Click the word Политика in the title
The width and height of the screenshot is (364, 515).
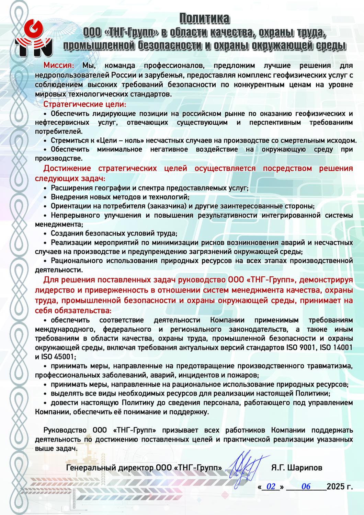tap(205, 19)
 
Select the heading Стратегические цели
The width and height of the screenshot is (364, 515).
tap(84, 104)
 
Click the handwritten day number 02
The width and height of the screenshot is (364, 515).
tap(271, 487)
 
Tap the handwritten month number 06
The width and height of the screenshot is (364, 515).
tap(306, 487)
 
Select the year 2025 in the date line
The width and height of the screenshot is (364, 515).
tap(335, 487)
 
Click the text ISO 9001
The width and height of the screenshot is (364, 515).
tap(301, 347)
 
